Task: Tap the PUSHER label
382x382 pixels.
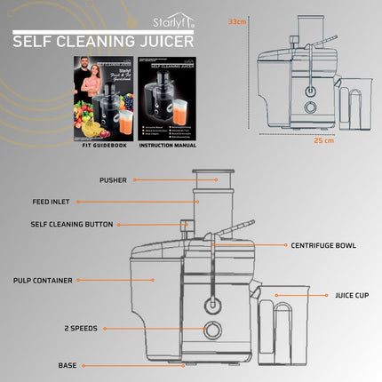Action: click(x=113, y=180)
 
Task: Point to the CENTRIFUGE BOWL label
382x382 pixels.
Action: click(x=322, y=245)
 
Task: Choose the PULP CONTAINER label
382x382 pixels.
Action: click(x=43, y=280)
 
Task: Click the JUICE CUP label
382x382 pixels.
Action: click(x=351, y=296)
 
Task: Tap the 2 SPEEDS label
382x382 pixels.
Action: click(x=83, y=329)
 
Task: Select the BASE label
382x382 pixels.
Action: click(x=68, y=365)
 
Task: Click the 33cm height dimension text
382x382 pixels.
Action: click(x=236, y=20)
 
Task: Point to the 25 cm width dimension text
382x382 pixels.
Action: click(x=323, y=140)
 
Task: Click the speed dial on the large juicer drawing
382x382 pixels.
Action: click(x=213, y=331)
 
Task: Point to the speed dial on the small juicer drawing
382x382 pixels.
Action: click(x=311, y=107)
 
